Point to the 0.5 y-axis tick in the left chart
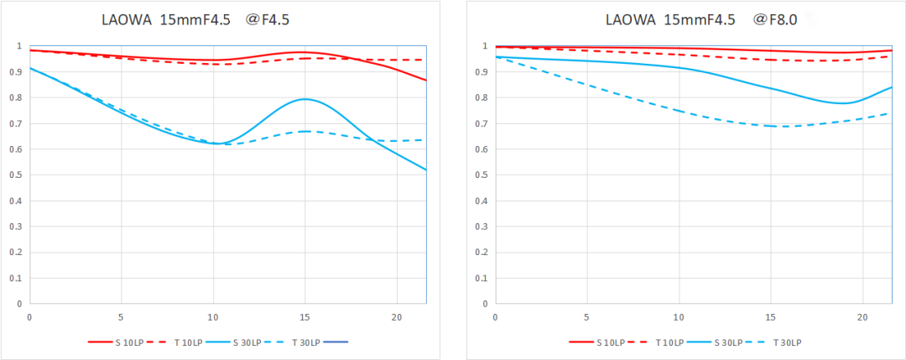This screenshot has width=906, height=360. (x=18, y=175)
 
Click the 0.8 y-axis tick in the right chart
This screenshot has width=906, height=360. (x=483, y=97)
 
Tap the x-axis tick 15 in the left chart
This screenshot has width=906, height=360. (x=305, y=317)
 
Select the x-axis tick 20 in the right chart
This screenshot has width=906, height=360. (x=862, y=317)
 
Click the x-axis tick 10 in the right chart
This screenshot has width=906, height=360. (x=679, y=317)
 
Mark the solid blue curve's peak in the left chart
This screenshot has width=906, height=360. (x=305, y=99)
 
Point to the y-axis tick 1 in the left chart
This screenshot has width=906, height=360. (x=20, y=46)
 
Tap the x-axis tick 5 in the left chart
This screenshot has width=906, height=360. (x=122, y=317)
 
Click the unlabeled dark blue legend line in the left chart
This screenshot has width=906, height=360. (x=334, y=342)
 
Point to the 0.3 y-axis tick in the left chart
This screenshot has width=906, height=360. (x=18, y=227)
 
